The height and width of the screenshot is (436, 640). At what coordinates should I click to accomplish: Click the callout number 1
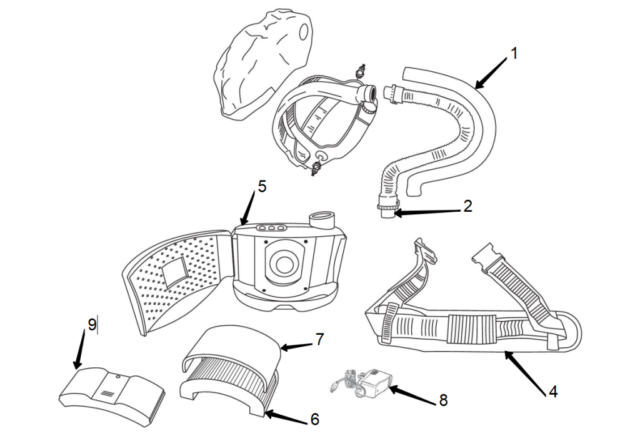click(x=514, y=54)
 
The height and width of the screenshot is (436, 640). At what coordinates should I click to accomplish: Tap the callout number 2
click(x=467, y=207)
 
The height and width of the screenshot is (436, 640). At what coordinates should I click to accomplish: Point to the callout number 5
click(x=262, y=187)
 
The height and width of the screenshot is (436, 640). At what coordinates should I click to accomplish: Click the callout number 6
click(x=315, y=419)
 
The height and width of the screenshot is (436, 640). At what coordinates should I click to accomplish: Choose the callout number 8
click(x=443, y=400)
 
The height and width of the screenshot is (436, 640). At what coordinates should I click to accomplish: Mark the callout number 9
click(x=92, y=325)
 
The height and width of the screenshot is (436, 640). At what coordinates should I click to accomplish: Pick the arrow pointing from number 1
click(x=491, y=72)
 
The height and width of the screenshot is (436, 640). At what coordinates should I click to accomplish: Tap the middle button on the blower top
click(x=271, y=229)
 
